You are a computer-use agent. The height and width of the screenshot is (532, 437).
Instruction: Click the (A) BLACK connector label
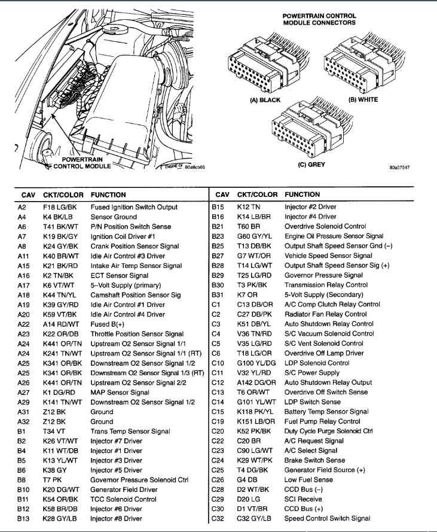[265, 100]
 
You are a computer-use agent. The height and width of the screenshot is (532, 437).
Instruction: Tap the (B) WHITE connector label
[363, 100]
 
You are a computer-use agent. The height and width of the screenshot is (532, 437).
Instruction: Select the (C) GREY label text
[311, 165]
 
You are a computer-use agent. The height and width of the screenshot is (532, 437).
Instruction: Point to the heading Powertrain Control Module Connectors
[319, 19]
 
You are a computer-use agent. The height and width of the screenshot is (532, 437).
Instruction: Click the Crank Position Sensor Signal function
[135, 246]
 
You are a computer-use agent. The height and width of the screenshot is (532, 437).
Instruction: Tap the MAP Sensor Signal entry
[120, 393]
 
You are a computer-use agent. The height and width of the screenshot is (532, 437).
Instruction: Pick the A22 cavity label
[24, 324]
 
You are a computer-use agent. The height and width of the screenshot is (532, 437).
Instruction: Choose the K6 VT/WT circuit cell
[57, 285]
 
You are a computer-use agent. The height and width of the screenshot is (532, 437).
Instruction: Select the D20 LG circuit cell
[248, 499]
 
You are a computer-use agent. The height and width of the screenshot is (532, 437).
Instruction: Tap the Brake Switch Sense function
[314, 460]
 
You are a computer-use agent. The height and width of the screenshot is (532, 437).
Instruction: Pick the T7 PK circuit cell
[53, 480]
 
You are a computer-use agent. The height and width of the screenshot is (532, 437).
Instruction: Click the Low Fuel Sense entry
[308, 480]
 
